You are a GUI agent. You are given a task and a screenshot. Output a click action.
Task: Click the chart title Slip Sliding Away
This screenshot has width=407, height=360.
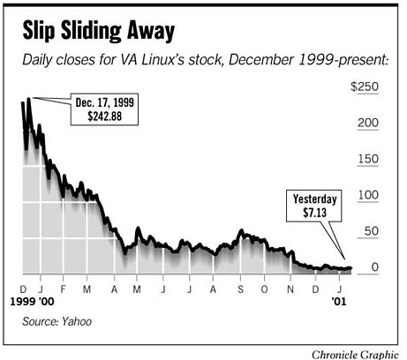pyautogui.click(x=99, y=32)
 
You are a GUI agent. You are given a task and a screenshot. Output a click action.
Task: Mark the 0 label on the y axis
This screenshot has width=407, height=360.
pyautogui.click(x=375, y=266)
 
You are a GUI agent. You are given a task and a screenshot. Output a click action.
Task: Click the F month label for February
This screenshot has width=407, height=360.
pyautogui.click(x=63, y=289)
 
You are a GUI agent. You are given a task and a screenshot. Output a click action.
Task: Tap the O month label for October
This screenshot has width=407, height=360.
pyautogui.click(x=266, y=289)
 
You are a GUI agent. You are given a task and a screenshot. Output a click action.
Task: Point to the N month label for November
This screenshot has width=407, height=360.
pyautogui.click(x=291, y=289)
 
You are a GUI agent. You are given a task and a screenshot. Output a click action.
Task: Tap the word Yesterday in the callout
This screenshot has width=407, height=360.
pyautogui.click(x=315, y=199)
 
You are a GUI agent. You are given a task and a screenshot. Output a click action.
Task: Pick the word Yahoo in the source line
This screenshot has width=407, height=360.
pyautogui.click(x=76, y=322)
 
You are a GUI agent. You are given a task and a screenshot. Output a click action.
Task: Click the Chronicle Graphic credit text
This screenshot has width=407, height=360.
pyautogui.click(x=355, y=353)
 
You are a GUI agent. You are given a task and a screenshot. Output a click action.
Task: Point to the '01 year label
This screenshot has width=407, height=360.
pyautogui.click(x=340, y=301)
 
